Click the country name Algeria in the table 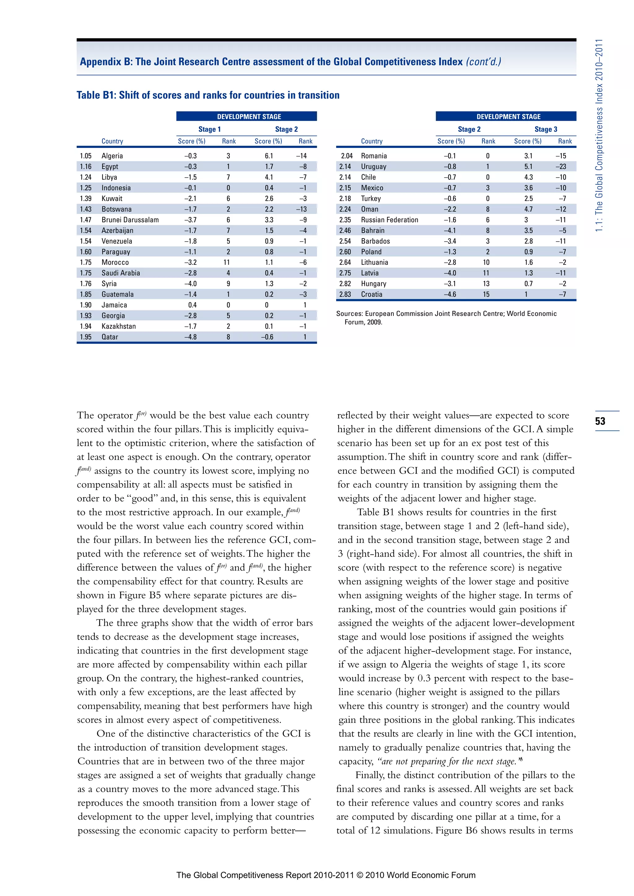click(x=112, y=156)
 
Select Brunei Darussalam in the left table click(x=130, y=220)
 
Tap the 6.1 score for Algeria click(x=269, y=156)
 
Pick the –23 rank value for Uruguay click(x=561, y=166)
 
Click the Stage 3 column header click(x=546, y=129)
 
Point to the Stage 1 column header click(x=209, y=129)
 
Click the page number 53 click(x=600, y=421)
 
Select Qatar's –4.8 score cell click(x=190, y=337)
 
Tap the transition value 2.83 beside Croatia click(x=345, y=294)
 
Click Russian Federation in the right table click(x=389, y=220)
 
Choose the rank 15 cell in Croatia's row click(x=486, y=294)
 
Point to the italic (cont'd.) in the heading click(x=483, y=62)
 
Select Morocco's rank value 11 click(x=226, y=262)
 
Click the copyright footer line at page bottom click(x=326, y=875)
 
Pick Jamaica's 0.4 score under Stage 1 click(x=192, y=305)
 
